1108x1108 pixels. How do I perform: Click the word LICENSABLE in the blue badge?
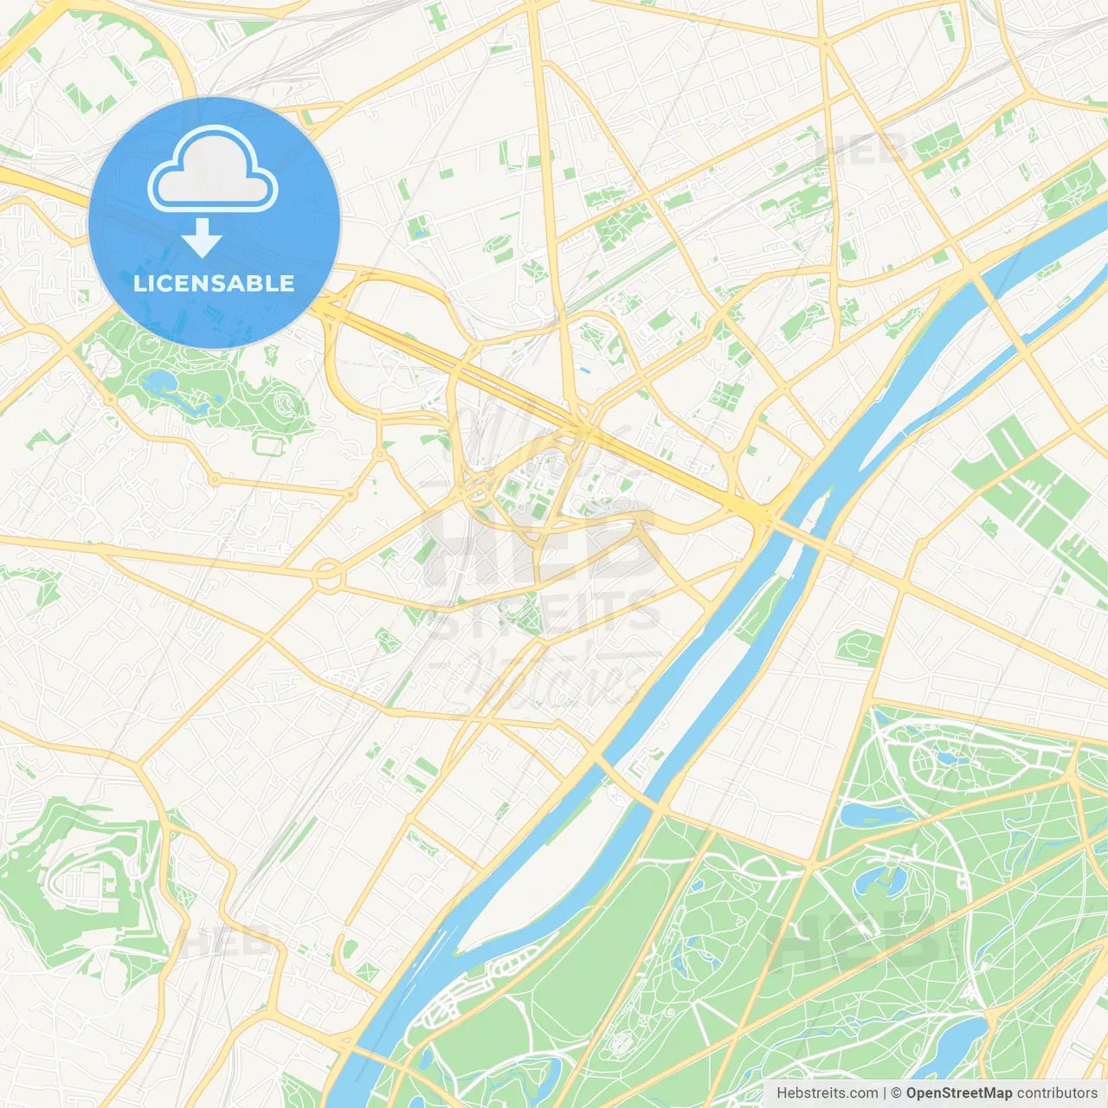pyautogui.click(x=214, y=283)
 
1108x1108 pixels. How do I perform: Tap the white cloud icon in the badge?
pyautogui.click(x=213, y=170)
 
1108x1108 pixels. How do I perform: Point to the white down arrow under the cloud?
pyautogui.click(x=202, y=238)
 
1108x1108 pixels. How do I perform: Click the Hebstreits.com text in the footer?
pyautogui.click(x=827, y=1093)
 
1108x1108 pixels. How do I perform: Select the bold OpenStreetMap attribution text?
pyautogui.click(x=958, y=1093)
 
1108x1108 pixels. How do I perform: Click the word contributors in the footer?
pyautogui.click(x=1057, y=1093)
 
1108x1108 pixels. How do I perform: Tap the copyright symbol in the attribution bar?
pyautogui.click(x=896, y=1093)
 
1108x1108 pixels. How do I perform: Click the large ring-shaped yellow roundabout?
pyautogui.click(x=328, y=574)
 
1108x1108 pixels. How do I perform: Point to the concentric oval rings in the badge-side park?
pyautogui.click(x=283, y=403)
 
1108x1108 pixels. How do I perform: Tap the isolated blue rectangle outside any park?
pyautogui.click(x=586, y=371)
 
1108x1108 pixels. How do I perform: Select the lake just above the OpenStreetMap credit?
pyautogui.click(x=952, y=1043)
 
